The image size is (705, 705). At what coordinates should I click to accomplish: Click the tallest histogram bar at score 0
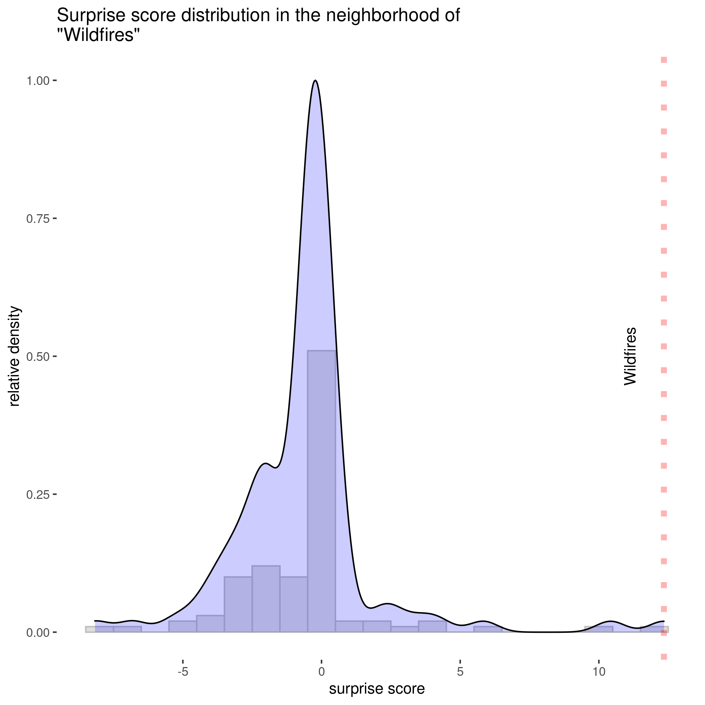click(x=321, y=489)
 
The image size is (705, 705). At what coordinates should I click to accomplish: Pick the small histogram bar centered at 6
click(x=488, y=629)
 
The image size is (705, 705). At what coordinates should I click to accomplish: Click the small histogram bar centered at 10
click(x=599, y=629)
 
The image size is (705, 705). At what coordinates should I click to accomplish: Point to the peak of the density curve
click(x=315, y=81)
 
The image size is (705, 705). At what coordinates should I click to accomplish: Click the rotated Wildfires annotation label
click(x=630, y=357)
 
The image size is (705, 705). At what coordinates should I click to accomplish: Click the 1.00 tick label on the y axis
click(x=38, y=81)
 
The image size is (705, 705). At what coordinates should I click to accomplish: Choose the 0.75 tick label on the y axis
click(x=38, y=219)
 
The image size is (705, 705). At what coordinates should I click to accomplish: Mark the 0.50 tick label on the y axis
click(x=38, y=357)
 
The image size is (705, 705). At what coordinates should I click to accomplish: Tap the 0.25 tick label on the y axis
click(x=38, y=495)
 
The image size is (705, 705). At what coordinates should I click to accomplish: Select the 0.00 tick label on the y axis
click(x=38, y=632)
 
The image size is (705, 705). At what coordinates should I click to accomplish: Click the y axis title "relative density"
click(x=14, y=357)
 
